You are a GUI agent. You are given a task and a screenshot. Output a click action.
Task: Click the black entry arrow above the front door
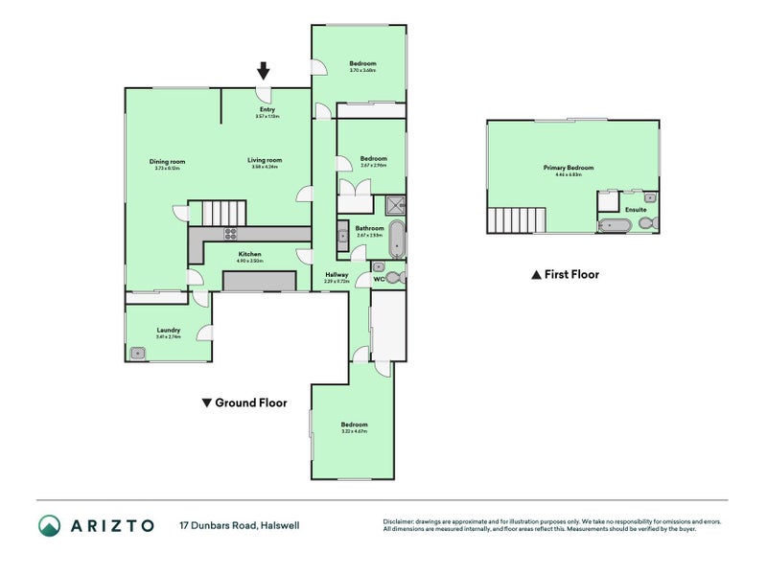tap(264, 71)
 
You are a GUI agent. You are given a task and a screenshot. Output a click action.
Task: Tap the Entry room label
tap(267, 110)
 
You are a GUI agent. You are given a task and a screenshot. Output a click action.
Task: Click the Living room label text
tap(265, 160)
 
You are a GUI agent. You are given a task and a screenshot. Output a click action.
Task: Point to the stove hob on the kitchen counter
tap(230, 234)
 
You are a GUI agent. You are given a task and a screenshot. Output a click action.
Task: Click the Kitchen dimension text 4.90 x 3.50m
tap(249, 261)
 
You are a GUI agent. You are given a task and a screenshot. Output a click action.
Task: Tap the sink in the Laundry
tap(139, 353)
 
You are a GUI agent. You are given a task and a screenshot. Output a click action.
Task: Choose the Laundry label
tap(169, 330)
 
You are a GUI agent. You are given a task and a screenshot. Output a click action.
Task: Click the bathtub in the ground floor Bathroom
tap(397, 240)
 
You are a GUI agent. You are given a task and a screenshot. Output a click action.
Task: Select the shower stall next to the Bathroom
tap(394, 203)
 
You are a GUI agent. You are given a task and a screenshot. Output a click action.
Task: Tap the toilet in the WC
tap(395, 278)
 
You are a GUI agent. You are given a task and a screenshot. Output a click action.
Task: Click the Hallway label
tap(336, 275)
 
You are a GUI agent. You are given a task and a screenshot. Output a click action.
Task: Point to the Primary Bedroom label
tap(574, 168)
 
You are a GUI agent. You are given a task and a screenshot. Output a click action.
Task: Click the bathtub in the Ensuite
tap(614, 225)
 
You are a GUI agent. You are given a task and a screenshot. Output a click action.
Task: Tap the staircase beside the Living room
tap(222, 212)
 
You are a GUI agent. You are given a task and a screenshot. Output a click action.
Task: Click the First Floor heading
tap(571, 275)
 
